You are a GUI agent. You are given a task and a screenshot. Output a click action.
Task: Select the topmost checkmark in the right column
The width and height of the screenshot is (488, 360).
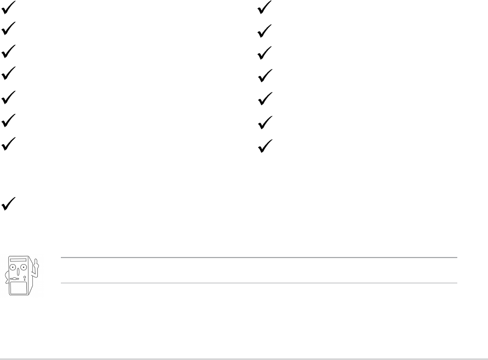[x=264, y=11]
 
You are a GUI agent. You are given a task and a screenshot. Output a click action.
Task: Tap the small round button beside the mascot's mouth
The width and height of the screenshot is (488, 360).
[x=24, y=278]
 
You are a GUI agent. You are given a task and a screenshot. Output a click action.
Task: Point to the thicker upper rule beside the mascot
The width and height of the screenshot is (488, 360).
[x=258, y=258]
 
